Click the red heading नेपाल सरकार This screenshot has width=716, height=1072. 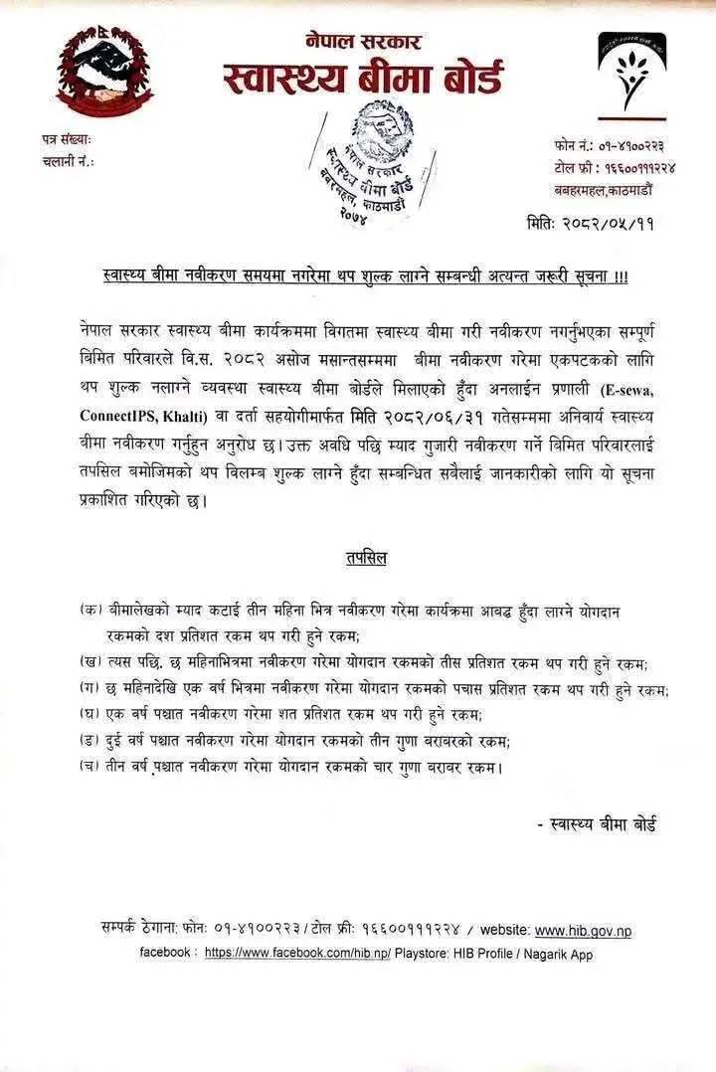[x=363, y=41]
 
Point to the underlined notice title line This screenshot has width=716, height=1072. [x=365, y=276]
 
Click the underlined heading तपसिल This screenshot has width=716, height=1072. [x=358, y=558]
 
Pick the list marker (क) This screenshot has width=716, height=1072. [x=90, y=609]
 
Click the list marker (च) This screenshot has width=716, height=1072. [x=90, y=766]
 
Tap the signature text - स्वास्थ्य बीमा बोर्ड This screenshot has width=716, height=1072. [x=597, y=823]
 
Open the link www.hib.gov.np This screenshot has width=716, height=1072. [x=583, y=931]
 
